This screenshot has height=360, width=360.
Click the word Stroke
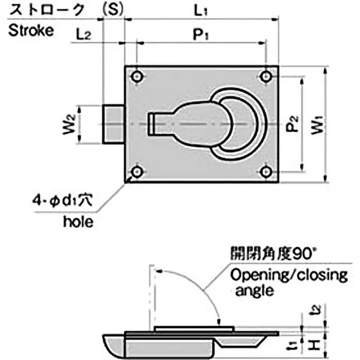click(x=31, y=30)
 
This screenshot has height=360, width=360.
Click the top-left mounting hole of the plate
click(x=137, y=77)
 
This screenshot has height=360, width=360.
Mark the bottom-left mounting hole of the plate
click(x=137, y=171)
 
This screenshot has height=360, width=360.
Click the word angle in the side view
click(x=253, y=290)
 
